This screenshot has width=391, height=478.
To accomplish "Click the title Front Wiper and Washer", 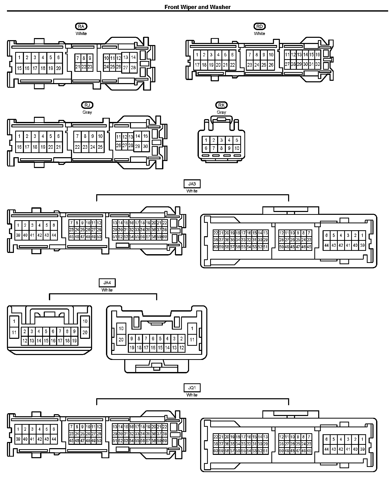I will (x=197, y=7).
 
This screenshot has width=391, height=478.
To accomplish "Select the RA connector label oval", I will (x=81, y=26).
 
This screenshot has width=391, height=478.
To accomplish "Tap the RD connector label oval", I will (x=259, y=26).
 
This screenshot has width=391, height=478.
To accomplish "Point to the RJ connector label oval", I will (x=87, y=105).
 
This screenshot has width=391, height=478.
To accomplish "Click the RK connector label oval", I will (x=221, y=105).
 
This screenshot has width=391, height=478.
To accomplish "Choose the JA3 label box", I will (x=192, y=184).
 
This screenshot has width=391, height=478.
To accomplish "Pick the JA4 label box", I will (x=107, y=283).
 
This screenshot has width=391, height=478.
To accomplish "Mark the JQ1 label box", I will (x=192, y=388).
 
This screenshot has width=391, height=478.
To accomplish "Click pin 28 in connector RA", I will (x=133, y=68).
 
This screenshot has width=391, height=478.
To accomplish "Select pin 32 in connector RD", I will (x=317, y=64).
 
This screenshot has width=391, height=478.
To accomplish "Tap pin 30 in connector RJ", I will (x=145, y=146).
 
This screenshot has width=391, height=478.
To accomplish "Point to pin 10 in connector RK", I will (x=237, y=148).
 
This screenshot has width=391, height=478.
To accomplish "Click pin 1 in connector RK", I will (x=206, y=140).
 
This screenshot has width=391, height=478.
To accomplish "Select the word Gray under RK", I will (x=221, y=112).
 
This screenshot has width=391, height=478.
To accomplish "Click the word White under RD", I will (x=259, y=33).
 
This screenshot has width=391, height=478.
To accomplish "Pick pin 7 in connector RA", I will (x=78, y=58).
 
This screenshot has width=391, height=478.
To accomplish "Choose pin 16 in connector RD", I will (x=317, y=55).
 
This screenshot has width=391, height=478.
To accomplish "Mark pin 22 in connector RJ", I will (x=77, y=147).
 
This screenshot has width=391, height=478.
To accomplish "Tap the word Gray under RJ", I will (x=87, y=112).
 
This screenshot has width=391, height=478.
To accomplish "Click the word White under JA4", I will (x=107, y=290).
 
